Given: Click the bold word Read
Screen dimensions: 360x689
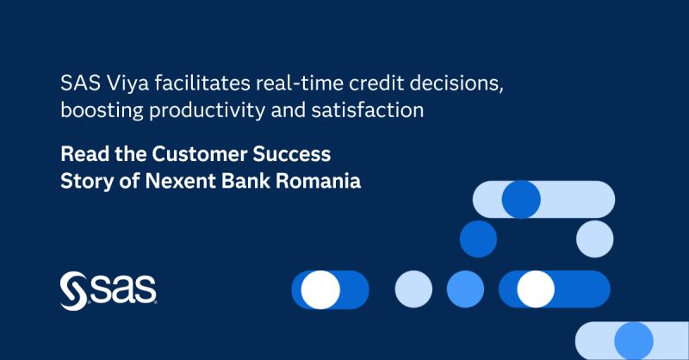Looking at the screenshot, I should tap(82, 155).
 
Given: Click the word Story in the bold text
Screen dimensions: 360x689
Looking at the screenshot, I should tap(84, 183).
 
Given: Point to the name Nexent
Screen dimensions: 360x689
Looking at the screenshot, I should tap(171, 183).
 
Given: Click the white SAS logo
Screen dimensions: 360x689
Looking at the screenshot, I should tap(109, 290).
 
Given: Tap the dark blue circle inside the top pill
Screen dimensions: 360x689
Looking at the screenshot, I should tap(520, 200).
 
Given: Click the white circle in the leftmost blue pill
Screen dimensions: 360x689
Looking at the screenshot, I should tap(320, 289).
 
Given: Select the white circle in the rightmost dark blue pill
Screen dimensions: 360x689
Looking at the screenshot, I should tap(536, 289).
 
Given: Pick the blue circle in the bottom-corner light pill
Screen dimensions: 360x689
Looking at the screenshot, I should tap(634, 340).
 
